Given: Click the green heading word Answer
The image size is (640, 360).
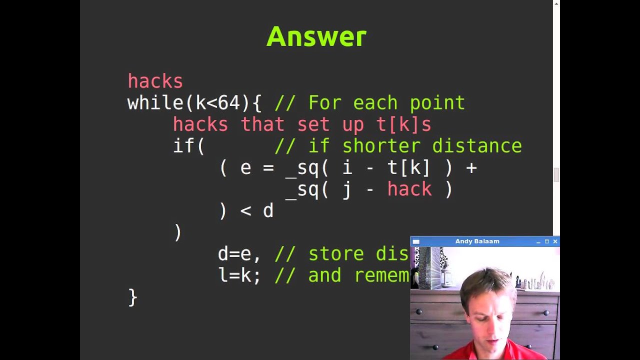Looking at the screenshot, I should click(316, 37).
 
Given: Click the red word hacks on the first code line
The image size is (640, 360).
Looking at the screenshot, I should click(155, 81).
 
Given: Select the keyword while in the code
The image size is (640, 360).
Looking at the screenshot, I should click(155, 103).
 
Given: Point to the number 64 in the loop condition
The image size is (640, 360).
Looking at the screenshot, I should click(228, 103).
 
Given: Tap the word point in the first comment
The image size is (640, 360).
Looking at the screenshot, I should click(437, 103).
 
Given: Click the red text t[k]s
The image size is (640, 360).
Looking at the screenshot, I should click(409, 124).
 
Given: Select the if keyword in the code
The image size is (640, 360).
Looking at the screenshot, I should click(183, 146).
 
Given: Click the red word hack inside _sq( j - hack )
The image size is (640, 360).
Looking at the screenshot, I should click(409, 189).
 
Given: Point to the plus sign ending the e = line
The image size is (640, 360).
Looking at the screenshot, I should click(471, 167).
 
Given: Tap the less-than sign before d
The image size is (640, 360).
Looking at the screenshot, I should click(245, 211).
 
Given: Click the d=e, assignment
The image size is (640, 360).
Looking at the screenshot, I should click(239, 254).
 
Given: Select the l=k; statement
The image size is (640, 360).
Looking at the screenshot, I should click(239, 275).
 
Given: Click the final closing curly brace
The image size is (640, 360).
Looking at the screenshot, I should click(132, 297).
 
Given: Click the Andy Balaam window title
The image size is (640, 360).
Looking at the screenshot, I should click(477, 241).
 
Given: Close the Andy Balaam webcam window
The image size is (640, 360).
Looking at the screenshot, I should click(555, 241).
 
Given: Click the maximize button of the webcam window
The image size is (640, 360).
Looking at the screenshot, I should click(546, 241).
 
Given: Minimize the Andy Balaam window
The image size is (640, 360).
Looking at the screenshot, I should click(538, 242).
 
